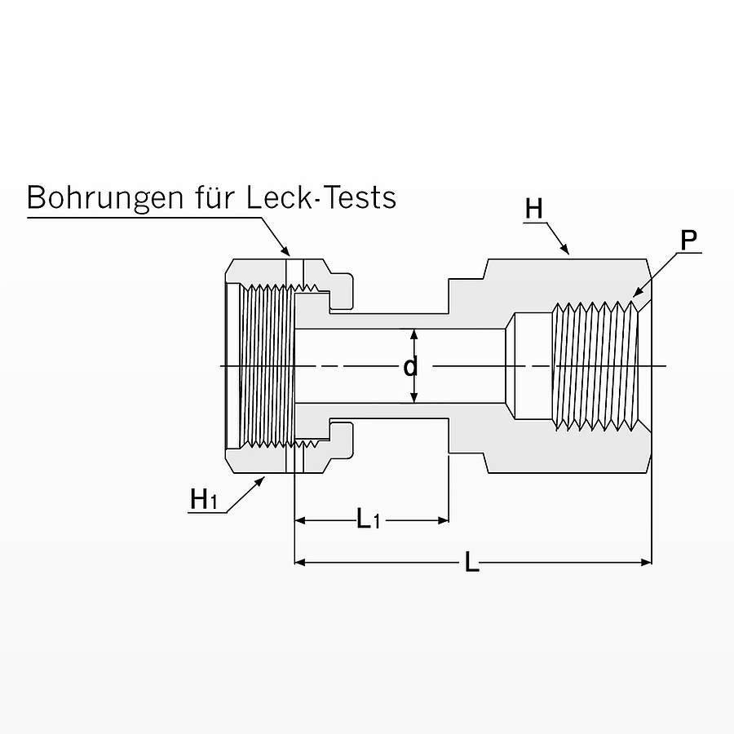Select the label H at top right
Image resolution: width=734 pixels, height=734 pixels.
coord(533,210)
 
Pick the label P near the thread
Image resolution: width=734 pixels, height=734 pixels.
coord(689,241)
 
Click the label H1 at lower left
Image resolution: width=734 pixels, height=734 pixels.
coord(204,499)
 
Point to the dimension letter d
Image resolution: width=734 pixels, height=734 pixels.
coord(412,367)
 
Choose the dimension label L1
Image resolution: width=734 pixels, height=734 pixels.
coord(369,519)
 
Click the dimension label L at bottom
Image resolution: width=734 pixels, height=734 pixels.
coord(471,562)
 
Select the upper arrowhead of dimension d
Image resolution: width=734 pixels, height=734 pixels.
coord(413,334)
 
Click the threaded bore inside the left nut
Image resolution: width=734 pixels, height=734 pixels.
coord(265,366)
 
